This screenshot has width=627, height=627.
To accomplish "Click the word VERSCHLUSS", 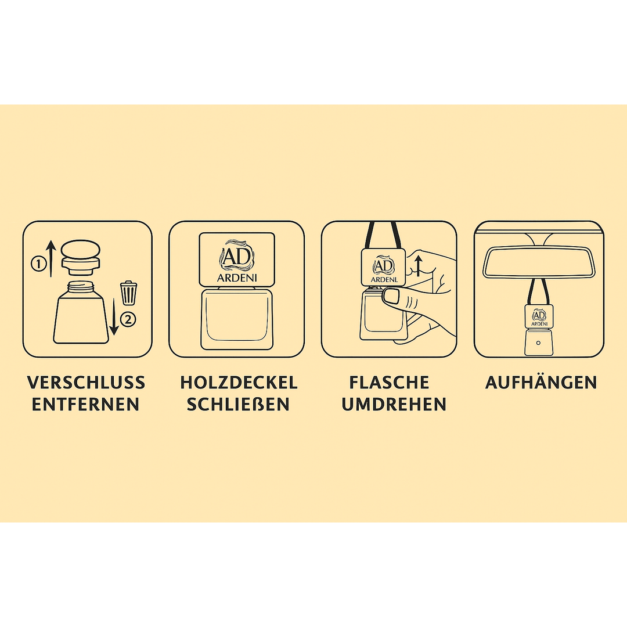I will click(x=86, y=383).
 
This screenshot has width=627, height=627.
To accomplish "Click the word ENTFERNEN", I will click(x=86, y=405).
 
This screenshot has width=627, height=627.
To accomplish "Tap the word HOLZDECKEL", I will click(x=239, y=383).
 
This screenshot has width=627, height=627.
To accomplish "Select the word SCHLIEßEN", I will click(x=239, y=405).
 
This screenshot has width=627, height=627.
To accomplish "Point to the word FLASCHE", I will click(x=390, y=383).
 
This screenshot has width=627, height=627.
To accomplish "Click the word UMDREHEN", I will click(x=394, y=405).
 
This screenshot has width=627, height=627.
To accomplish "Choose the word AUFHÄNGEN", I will click(x=541, y=383).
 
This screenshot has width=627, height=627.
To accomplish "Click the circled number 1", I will click(x=38, y=264).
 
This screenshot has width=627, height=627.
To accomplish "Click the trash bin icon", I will click(x=128, y=293).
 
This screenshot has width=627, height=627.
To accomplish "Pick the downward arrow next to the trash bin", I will click(x=114, y=313).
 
